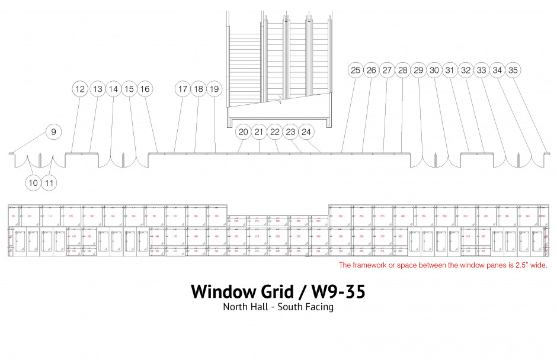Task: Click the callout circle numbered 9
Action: [53, 131]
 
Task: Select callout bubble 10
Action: [33, 183]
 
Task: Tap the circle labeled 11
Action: [50, 183]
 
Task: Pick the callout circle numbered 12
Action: [80, 89]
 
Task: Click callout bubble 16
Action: [145, 89]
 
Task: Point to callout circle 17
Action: [183, 89]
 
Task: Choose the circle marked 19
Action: [215, 89]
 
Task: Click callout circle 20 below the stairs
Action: [243, 131]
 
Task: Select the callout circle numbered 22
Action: [274, 131]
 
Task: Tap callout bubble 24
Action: [306, 131]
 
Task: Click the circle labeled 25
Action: [356, 70]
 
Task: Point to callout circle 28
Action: [403, 70]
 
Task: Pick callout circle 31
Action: [450, 70]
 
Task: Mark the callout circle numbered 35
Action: [513, 70]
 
